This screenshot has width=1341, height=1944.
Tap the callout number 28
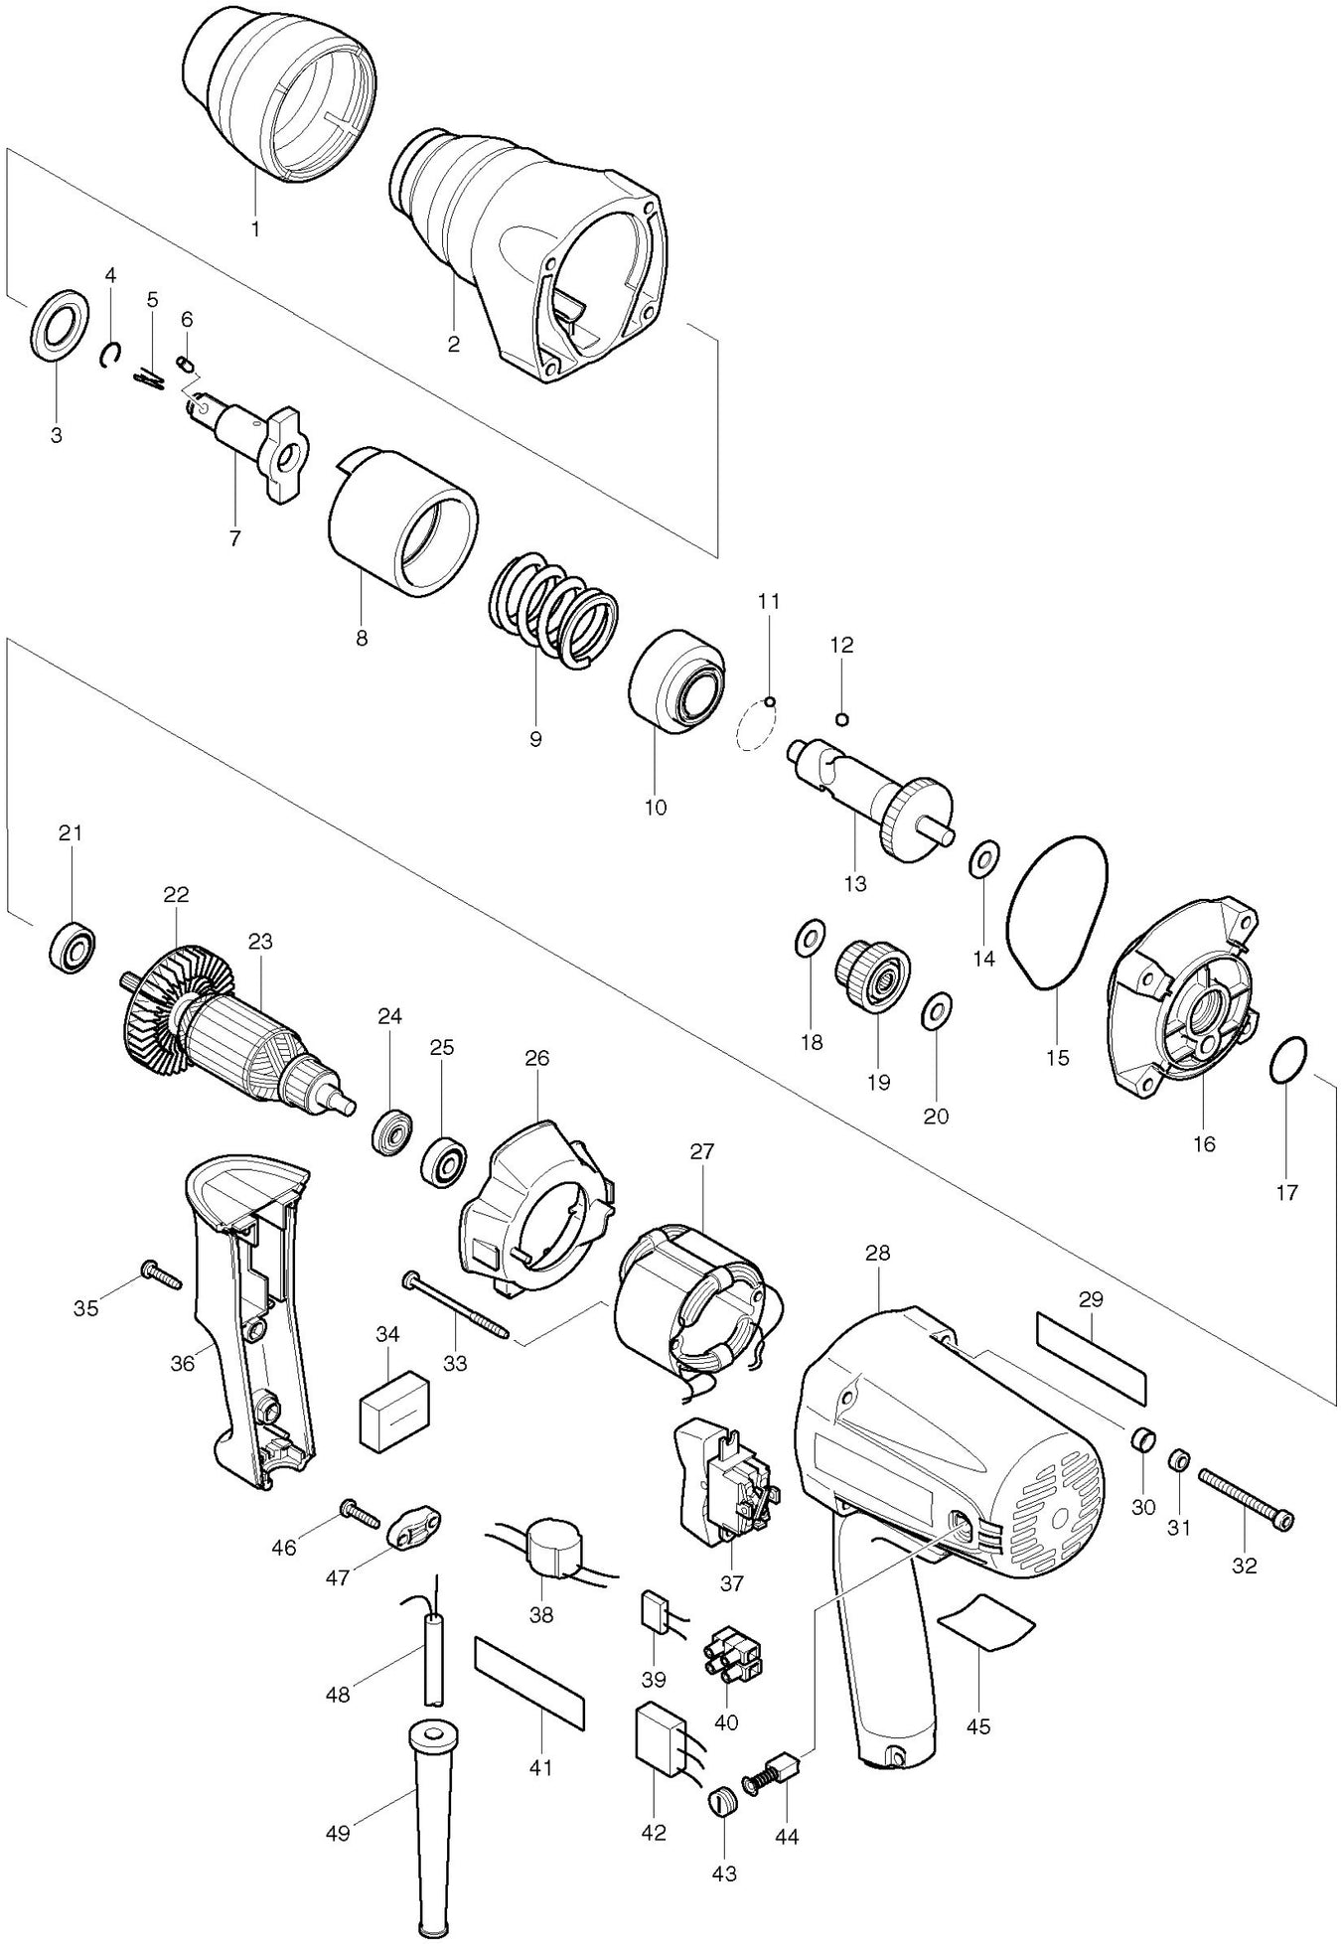877,1253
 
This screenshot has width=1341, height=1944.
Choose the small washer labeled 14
984,856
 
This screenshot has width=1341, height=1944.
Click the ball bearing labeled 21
71,946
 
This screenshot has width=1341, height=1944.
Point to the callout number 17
1286,1191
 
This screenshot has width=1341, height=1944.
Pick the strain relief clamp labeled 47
413,1531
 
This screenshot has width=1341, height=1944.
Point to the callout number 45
977,1726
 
